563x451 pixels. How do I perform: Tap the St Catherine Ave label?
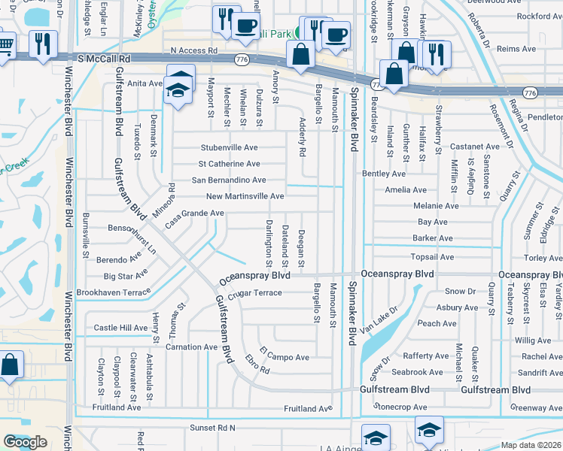coord(229,164)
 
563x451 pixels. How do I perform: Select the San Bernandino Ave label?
coord(229,180)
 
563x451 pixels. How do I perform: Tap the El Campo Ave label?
coord(285,353)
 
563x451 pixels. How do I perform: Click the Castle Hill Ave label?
coord(120,328)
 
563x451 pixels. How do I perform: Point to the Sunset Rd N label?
coord(212,427)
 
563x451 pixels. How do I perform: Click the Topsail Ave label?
coord(432,257)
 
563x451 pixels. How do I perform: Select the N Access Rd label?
coord(193,50)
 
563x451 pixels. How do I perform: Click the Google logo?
coord(25,442)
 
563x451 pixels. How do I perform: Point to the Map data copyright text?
coord(531,445)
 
